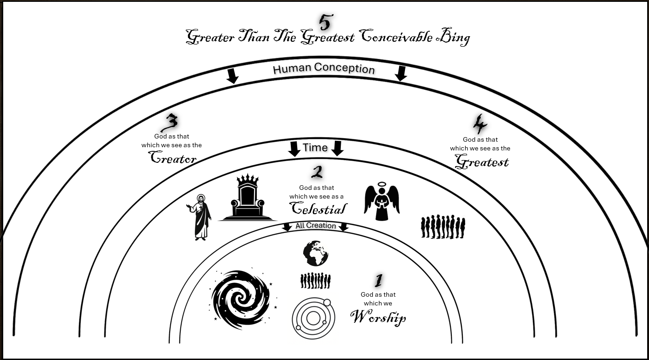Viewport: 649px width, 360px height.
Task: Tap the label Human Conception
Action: tap(324, 69)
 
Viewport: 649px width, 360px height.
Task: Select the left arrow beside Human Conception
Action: tap(233, 76)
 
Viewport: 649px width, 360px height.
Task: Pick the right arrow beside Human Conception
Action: tap(401, 73)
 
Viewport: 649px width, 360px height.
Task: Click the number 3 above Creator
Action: tap(171, 123)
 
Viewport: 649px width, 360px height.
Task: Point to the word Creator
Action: tap(173, 158)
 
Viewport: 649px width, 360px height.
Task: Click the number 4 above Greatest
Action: tap(480, 124)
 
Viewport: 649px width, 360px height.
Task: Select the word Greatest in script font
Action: tap(482, 161)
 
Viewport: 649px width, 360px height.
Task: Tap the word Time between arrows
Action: tap(315, 148)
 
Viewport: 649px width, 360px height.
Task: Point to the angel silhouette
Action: tap(382, 202)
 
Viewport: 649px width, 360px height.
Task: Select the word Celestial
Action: tap(318, 209)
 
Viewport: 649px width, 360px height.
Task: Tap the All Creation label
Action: tap(316, 226)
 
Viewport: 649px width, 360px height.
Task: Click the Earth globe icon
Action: tap(316, 254)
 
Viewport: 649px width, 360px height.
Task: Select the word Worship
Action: tap(378, 317)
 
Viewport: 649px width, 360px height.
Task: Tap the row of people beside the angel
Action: tap(443, 227)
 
